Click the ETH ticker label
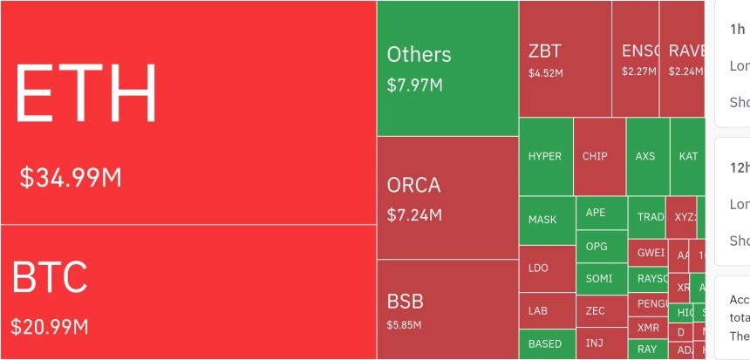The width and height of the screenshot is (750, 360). click(85, 93)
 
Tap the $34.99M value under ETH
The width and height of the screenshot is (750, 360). click(71, 178)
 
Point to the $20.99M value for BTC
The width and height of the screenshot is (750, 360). click(50, 327)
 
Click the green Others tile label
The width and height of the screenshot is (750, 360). click(419, 54)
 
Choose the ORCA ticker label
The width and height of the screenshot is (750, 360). click(414, 186)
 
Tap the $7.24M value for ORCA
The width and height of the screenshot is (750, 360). click(414, 214)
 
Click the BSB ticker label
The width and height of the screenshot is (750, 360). click(406, 302)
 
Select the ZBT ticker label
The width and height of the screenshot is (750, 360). click(545, 50)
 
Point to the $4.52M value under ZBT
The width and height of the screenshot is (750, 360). click(546, 72)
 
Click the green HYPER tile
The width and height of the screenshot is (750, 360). click(546, 156)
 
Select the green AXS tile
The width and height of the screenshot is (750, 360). click(645, 156)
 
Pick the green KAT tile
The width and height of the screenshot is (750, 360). click(688, 156)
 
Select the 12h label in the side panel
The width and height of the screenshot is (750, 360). click(738, 166)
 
